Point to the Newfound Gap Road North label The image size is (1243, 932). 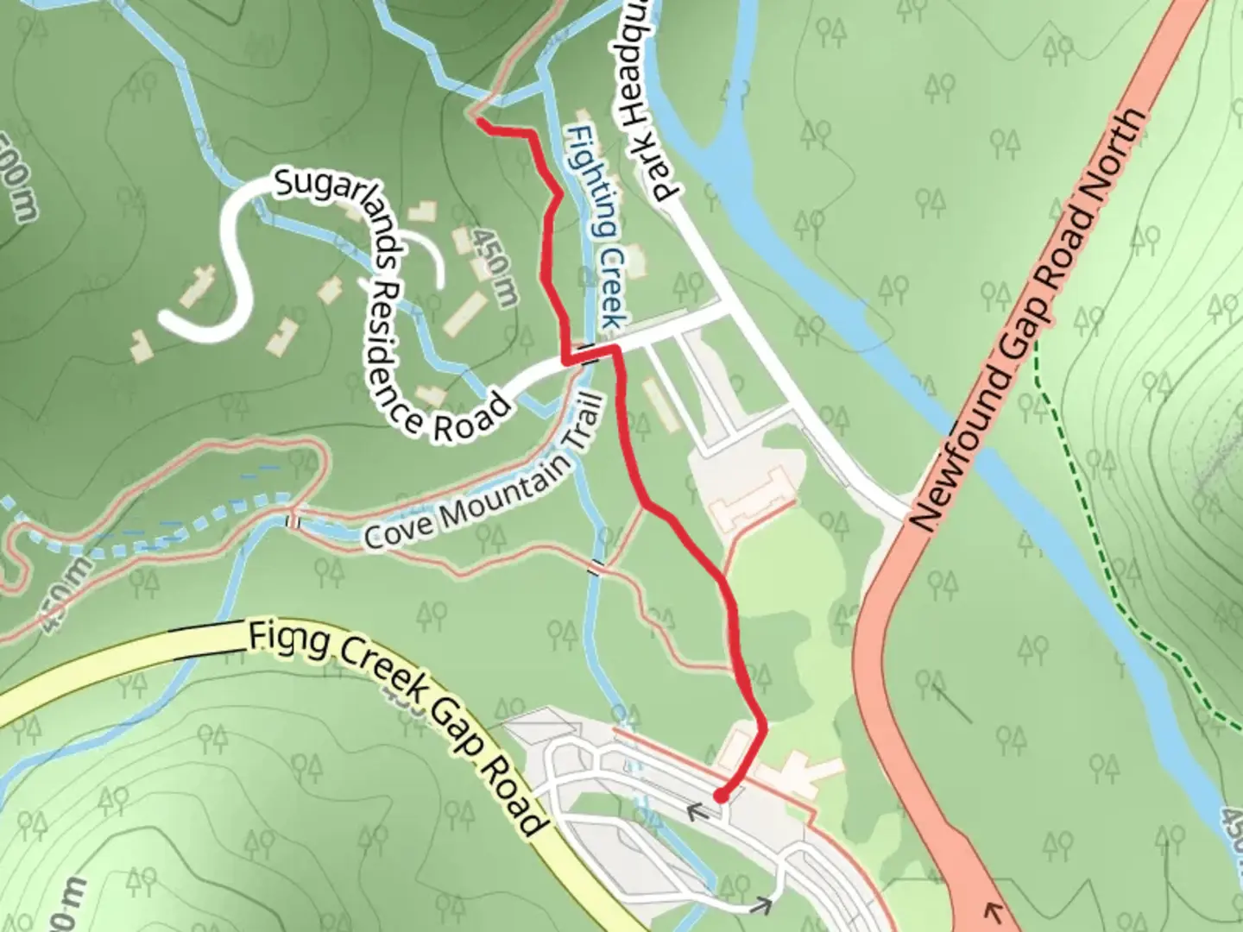point(1031,319)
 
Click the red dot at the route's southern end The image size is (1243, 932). point(718,795)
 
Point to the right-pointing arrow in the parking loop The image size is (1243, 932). point(760,904)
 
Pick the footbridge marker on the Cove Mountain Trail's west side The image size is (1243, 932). point(293,520)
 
